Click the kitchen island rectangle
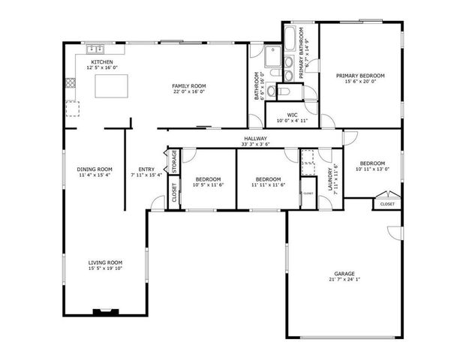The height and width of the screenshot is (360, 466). [112, 86]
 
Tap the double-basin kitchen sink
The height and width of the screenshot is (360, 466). [96, 49]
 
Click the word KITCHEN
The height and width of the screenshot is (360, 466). [102, 61]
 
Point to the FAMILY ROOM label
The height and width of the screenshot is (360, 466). [188, 86]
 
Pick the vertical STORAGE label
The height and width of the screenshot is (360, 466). [174, 160]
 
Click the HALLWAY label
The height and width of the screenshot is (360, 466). [256, 139]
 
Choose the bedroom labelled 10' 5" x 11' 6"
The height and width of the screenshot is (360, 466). [208, 179]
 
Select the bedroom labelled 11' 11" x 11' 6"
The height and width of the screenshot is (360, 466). [268, 179]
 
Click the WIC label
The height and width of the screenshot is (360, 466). [292, 115]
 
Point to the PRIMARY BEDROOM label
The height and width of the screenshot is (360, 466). [360, 76]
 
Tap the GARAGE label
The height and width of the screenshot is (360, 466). [344, 273]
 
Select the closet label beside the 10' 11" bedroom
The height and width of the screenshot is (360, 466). [387, 204]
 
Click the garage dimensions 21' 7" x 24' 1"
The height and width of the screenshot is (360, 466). [344, 280]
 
